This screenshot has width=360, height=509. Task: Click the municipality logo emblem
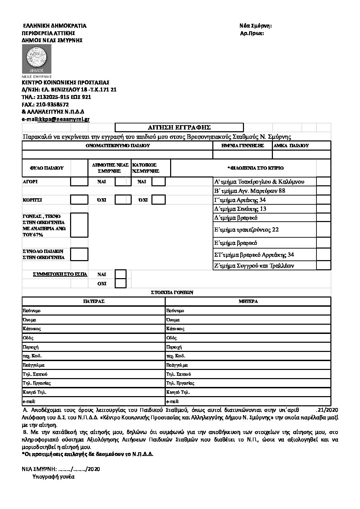36,58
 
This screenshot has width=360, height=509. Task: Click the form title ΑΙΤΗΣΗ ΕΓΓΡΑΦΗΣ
179,128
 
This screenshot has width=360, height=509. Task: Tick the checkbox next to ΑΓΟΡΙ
79,182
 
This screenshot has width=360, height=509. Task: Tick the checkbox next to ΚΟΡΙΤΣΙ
79,200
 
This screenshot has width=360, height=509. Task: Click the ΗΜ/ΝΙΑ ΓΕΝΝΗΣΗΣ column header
242,146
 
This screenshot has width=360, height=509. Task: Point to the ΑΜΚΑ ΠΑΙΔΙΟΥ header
291,146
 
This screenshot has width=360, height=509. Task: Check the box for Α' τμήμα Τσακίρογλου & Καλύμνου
323,182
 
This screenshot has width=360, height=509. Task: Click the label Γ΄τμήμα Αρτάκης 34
240,200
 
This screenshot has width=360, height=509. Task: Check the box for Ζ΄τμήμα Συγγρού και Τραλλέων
323,266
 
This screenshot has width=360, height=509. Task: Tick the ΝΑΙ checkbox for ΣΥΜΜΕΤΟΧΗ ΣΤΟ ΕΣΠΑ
120,274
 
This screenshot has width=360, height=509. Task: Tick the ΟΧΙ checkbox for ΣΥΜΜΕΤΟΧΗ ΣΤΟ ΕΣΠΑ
120,283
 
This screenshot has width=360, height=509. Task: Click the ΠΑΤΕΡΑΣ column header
94,301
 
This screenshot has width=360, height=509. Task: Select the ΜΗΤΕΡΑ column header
248,301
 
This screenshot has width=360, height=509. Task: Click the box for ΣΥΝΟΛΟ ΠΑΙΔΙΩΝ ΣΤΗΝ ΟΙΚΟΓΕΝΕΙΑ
79,254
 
